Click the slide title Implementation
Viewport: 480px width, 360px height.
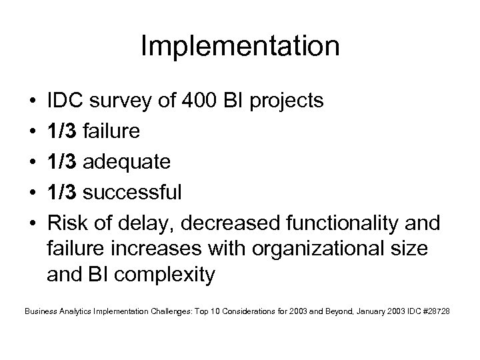[x=240, y=47]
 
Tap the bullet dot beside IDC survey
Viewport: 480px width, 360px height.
[x=31, y=102]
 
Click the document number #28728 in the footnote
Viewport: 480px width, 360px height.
[x=435, y=311]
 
